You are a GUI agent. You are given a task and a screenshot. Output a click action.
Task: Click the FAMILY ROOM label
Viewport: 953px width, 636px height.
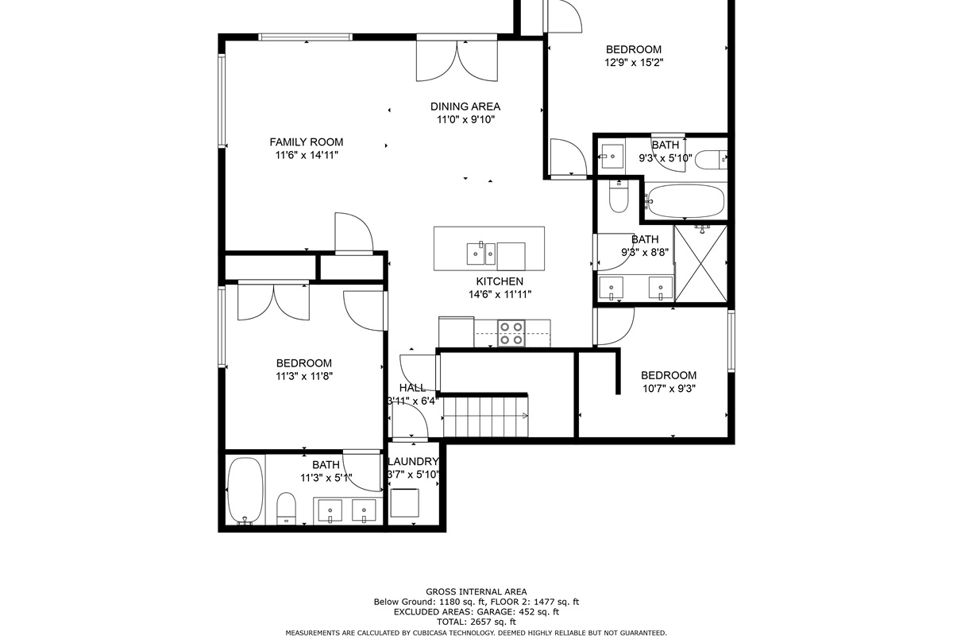click(307, 142)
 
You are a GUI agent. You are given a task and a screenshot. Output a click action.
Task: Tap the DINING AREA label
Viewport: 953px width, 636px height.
click(465, 107)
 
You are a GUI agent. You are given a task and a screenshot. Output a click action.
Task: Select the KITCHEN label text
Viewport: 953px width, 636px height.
click(500, 281)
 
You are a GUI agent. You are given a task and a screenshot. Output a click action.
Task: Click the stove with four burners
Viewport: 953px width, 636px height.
click(511, 333)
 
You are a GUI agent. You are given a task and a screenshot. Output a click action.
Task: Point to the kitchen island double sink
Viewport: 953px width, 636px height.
click(481, 254)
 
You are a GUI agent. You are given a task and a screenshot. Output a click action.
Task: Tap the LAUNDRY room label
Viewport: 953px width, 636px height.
click(413, 461)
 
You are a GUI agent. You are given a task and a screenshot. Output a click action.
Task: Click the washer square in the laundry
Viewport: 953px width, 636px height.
click(404, 502)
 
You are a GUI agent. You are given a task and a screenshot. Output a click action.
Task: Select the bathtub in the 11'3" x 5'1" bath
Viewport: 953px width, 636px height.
click(245, 491)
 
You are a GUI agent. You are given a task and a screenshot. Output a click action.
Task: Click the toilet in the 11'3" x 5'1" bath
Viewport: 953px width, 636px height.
click(286, 508)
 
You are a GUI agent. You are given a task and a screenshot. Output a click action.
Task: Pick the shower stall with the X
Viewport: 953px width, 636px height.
click(700, 264)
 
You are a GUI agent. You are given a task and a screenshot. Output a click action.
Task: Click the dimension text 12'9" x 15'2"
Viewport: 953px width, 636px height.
click(634, 63)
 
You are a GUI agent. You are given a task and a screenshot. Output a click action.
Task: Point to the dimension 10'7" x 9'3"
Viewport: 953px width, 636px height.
click(669, 389)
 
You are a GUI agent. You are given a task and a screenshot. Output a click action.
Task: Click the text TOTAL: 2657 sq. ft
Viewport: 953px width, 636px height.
click(476, 622)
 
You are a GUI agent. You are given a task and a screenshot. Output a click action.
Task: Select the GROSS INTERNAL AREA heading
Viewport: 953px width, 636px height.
click(476, 591)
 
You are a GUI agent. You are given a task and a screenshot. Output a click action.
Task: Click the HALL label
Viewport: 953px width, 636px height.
click(412, 388)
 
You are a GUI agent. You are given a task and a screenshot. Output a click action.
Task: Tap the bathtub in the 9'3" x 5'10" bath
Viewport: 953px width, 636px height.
click(685, 201)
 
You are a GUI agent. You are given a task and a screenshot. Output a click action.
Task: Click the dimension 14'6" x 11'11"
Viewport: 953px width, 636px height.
click(500, 294)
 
